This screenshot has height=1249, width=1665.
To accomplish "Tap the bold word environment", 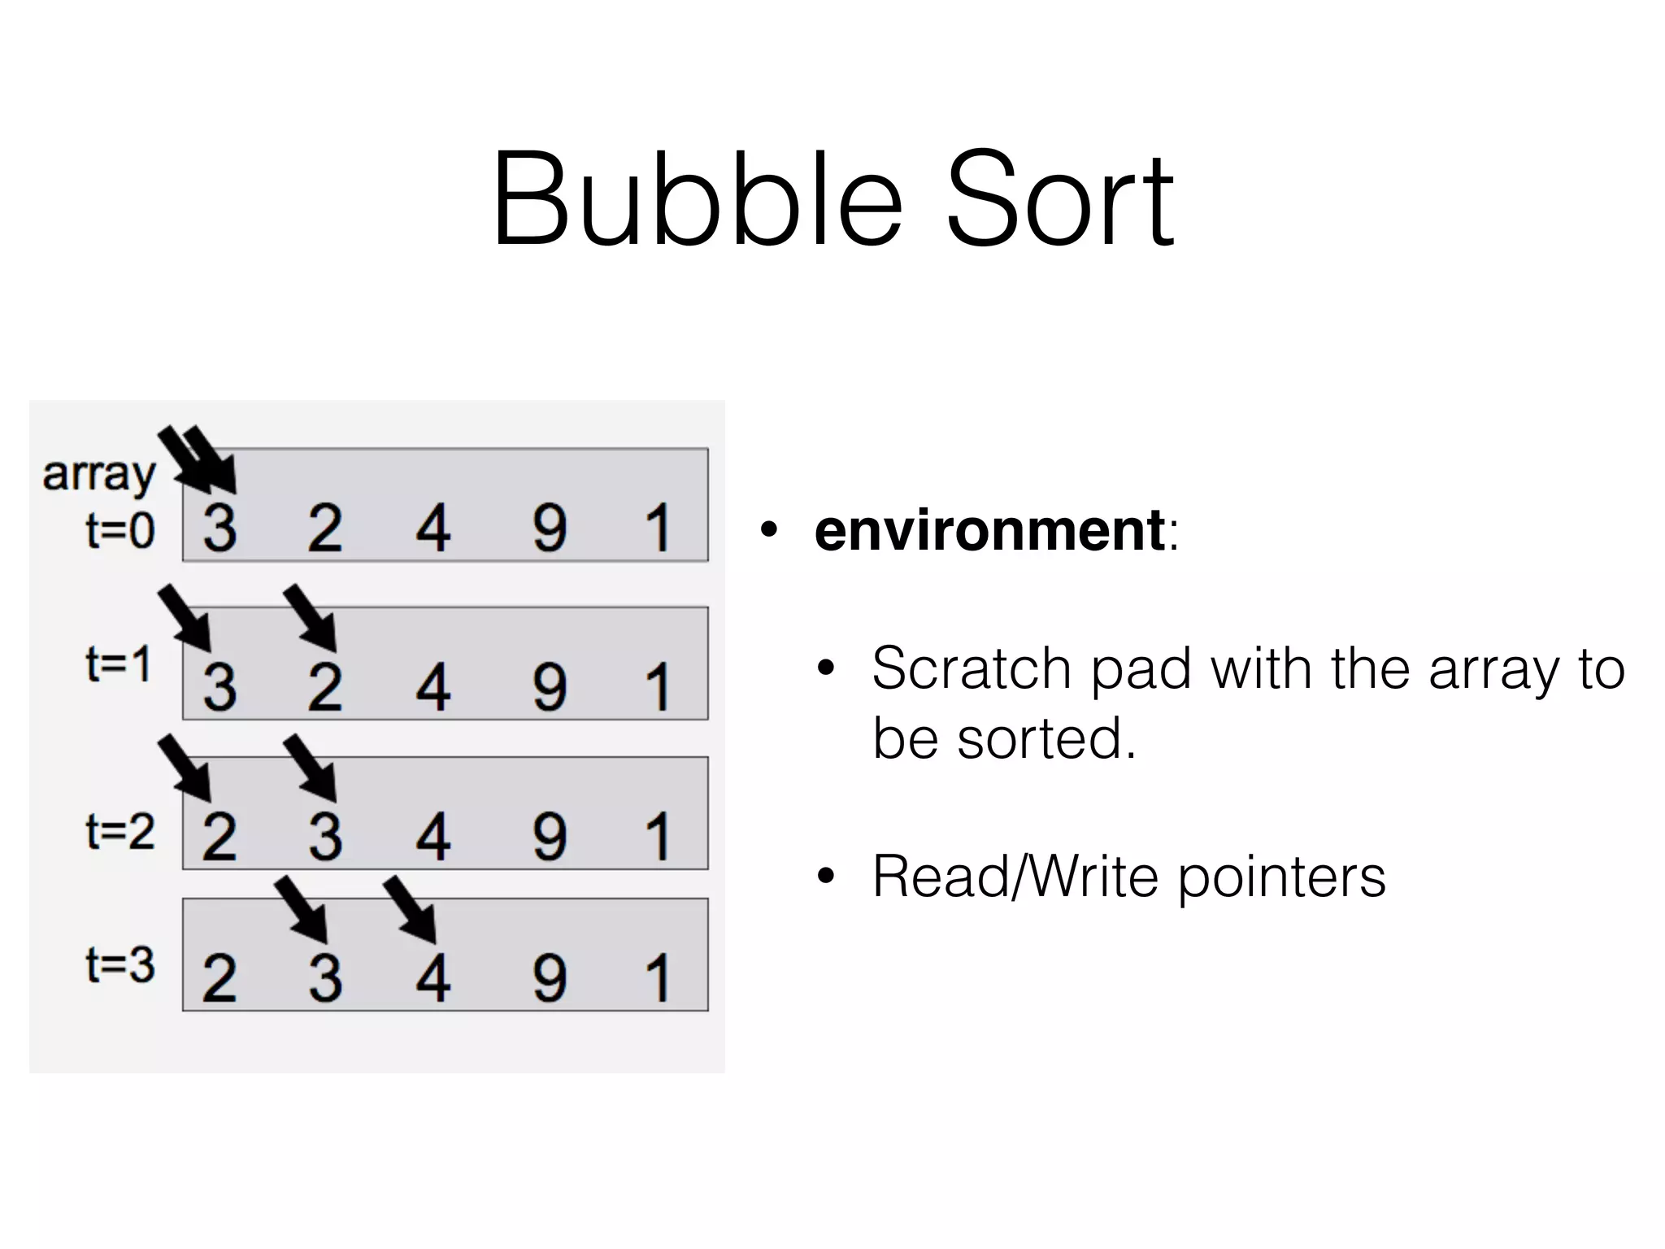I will click(x=989, y=529).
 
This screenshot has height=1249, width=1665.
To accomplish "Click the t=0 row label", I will click(x=120, y=530).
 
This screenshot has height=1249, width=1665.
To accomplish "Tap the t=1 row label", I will click(x=119, y=664).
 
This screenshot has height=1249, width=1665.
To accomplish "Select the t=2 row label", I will click(x=120, y=832).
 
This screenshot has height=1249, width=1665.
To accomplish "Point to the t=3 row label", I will click(x=120, y=965).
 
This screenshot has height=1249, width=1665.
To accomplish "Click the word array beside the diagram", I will click(x=98, y=474).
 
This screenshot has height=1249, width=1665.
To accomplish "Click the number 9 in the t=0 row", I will click(x=550, y=528).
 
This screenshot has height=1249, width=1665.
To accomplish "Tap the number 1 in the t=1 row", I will click(x=657, y=687).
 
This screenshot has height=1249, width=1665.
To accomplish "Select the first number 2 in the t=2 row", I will click(x=220, y=837).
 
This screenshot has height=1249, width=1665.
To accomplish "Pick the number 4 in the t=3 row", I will click(x=433, y=977).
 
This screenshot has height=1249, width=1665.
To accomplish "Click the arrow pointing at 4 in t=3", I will click(x=411, y=910).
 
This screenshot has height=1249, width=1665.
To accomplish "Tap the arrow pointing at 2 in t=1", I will click(x=311, y=618).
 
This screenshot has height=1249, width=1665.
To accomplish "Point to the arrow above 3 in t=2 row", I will click(x=311, y=768).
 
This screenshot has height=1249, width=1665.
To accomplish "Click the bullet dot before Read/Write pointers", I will click(x=826, y=877).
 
